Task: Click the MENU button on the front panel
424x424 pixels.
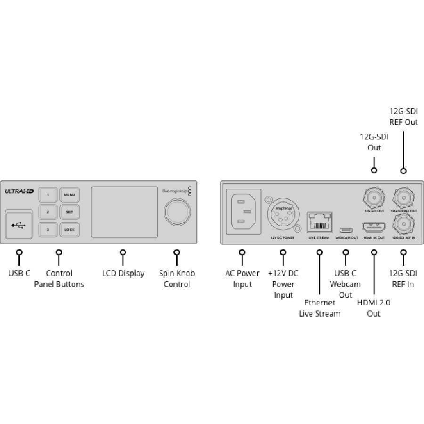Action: coord(69,194)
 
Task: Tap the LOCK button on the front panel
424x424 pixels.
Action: coord(69,229)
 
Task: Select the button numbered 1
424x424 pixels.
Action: coord(48,194)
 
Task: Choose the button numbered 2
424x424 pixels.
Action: coord(48,212)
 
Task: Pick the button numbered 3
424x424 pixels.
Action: coord(48,229)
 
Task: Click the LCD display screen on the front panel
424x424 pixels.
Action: coord(124,212)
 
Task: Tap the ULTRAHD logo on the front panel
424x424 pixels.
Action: coord(18,191)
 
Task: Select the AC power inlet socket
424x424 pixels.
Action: coord(243,211)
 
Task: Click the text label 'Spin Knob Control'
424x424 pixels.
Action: coord(177,278)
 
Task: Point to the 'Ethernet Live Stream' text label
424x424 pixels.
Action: coord(319,308)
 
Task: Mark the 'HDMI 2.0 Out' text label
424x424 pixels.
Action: coord(374,308)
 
